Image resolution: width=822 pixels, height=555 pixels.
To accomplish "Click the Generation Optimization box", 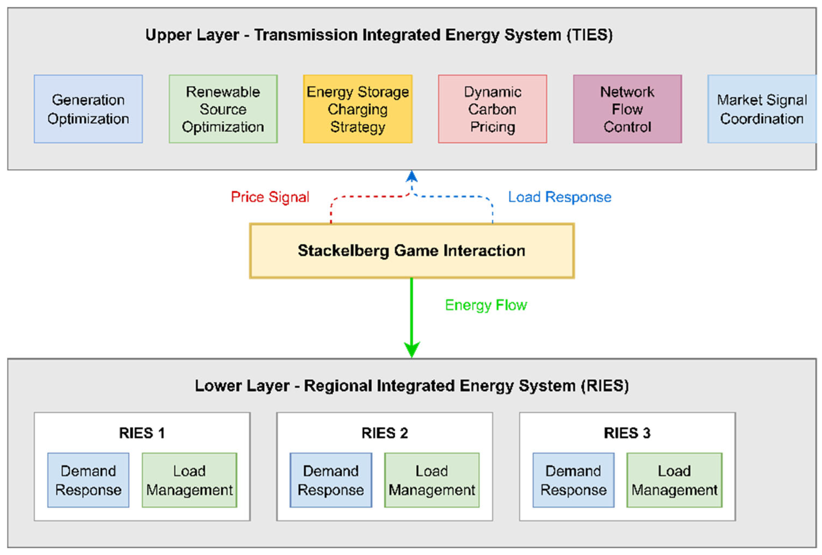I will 89,109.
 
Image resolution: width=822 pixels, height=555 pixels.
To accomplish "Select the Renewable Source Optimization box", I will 223,109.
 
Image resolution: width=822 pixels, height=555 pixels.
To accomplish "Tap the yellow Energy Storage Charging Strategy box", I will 358,109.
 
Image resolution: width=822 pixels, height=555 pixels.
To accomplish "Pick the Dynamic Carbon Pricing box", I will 493,109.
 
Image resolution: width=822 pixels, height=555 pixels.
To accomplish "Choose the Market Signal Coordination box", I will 762,109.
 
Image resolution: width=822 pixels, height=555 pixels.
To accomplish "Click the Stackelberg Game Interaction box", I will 411,251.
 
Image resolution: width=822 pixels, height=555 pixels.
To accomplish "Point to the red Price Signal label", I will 270,197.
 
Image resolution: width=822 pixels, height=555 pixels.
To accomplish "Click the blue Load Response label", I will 560,197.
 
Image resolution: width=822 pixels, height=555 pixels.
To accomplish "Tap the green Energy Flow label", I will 486,305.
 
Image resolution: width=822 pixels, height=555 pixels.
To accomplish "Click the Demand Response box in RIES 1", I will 89,480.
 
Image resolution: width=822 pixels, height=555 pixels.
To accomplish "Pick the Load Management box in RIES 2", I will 432,480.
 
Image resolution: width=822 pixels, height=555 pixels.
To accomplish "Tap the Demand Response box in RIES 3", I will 574,480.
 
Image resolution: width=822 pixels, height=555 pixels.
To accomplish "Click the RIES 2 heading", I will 385,433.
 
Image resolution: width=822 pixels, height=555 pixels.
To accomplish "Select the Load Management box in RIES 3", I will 674,480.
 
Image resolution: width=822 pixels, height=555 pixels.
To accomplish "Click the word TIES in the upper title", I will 590,35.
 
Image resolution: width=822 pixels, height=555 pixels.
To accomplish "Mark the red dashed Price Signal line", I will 368,196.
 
